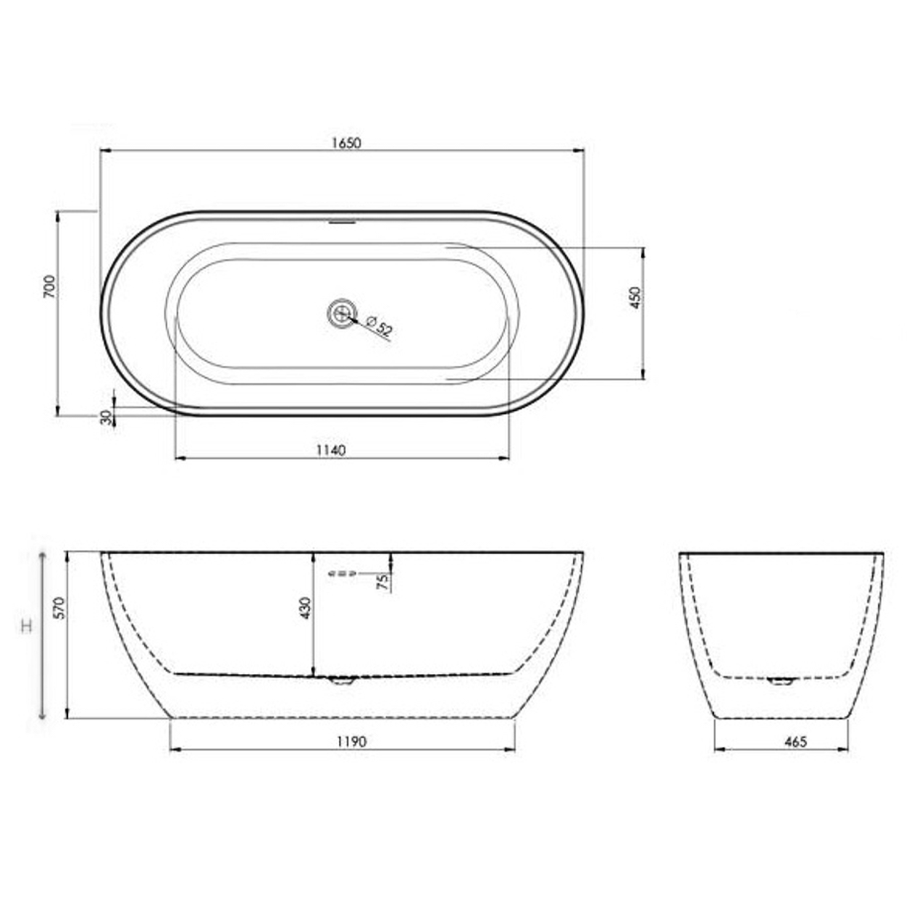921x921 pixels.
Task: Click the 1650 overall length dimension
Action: coord(346,143)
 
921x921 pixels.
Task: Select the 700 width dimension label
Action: coord(50,287)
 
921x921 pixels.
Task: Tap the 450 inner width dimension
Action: coord(635,298)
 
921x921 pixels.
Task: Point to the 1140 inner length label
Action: coord(331,450)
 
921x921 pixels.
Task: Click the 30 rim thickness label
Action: coord(106,418)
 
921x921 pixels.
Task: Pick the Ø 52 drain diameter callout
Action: coord(379,326)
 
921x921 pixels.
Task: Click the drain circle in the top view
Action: coord(341,313)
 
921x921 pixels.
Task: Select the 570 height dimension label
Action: coord(59,608)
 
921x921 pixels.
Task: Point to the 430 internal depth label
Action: coord(306,608)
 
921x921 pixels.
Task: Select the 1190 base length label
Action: coord(351,742)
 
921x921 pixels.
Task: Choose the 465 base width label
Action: coord(795,742)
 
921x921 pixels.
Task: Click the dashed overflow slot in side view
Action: coord(342,574)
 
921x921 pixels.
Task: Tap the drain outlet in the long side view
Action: coord(342,680)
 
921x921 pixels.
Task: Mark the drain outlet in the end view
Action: coord(781,680)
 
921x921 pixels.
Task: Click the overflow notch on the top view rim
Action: coord(342,222)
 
